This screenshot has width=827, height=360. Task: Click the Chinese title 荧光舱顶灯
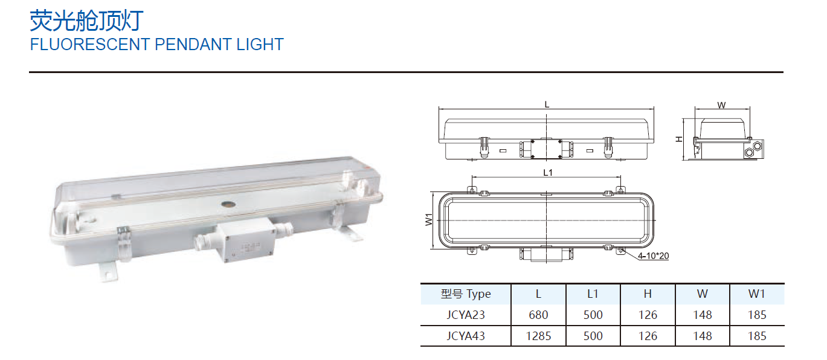86,21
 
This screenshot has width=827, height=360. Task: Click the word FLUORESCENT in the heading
90,44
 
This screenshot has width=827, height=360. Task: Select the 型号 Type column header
466,294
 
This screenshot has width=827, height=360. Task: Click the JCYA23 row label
466,315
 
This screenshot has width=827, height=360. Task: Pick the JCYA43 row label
466,336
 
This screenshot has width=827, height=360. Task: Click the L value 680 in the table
538,315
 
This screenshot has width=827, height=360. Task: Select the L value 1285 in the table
538,336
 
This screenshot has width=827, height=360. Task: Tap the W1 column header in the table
757,294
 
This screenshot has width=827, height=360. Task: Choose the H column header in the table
648,294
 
